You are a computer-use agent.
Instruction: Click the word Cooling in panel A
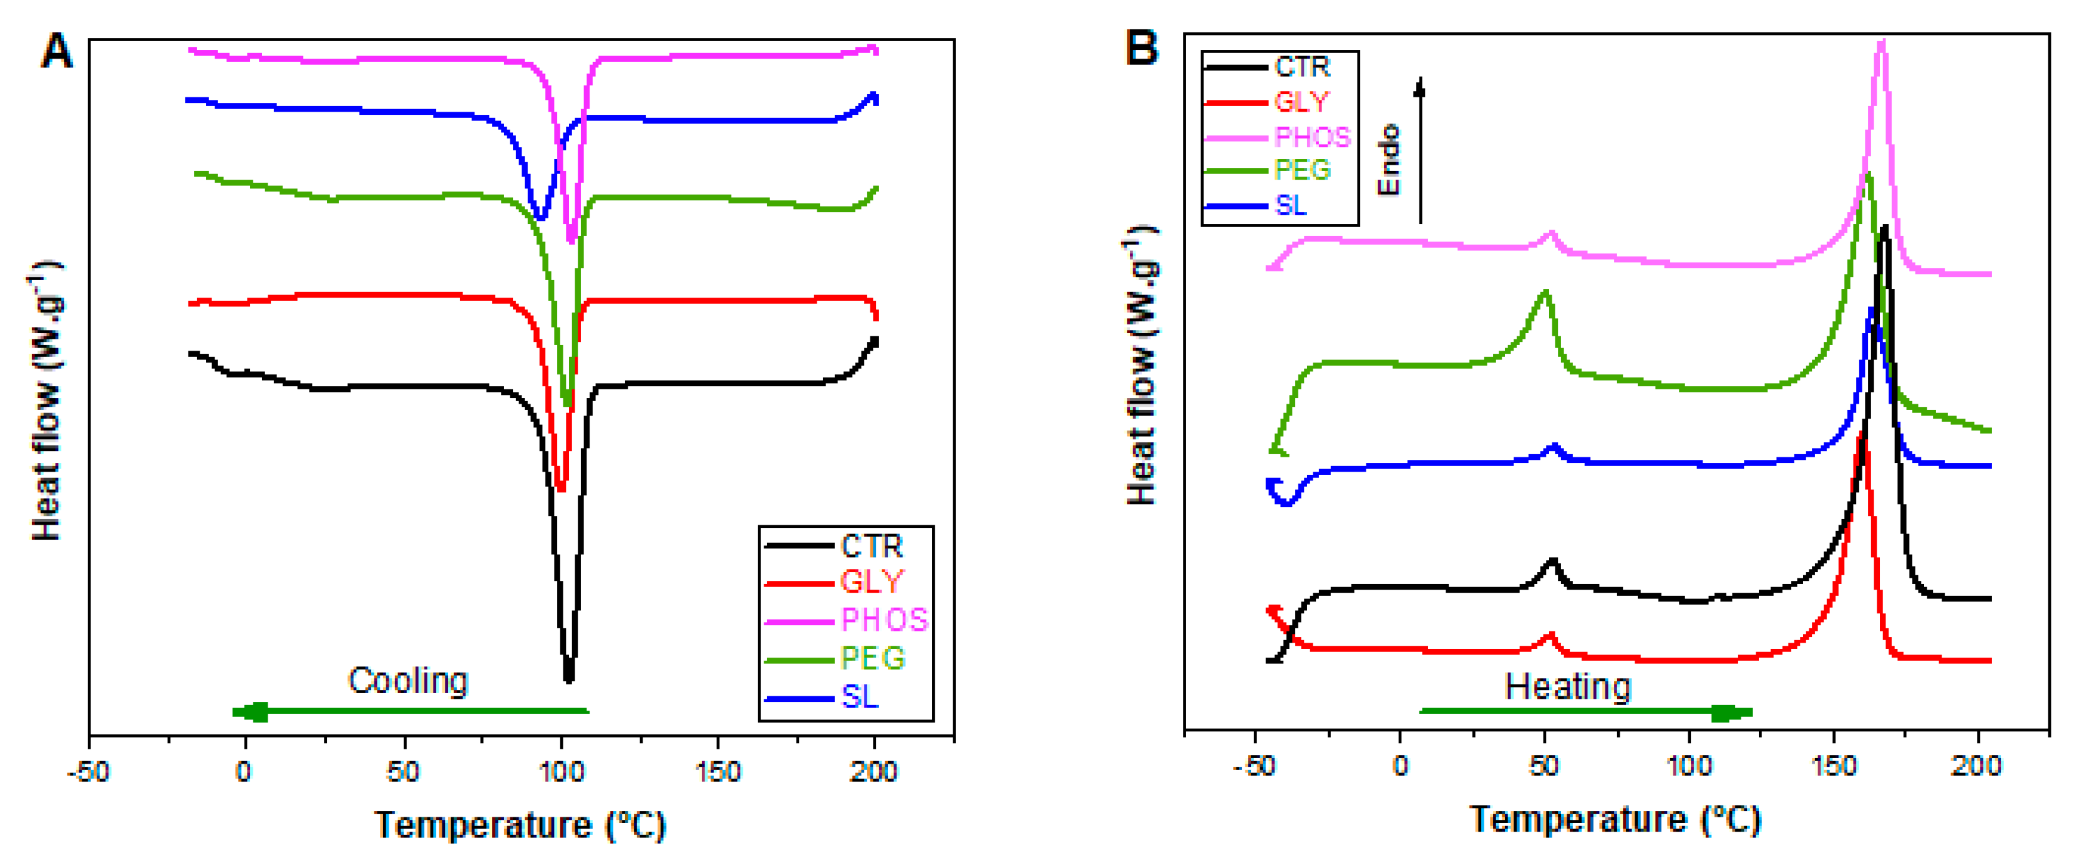408,681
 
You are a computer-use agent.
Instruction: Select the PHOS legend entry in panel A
883,620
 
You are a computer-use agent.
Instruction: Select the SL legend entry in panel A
860,696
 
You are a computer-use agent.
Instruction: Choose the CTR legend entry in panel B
1301,67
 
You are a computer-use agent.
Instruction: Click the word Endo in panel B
1388,159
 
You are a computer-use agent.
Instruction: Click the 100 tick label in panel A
561,772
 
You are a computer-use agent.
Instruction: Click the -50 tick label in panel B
1254,765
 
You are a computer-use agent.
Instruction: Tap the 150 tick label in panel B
1834,765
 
